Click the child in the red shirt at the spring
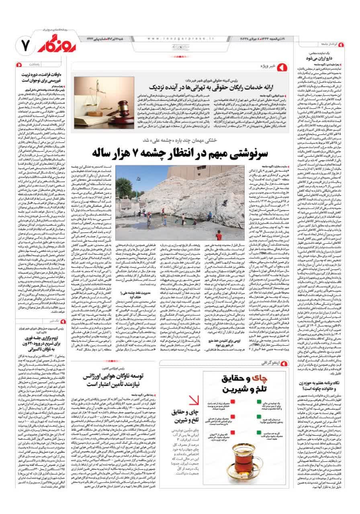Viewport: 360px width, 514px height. pos(219,235)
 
